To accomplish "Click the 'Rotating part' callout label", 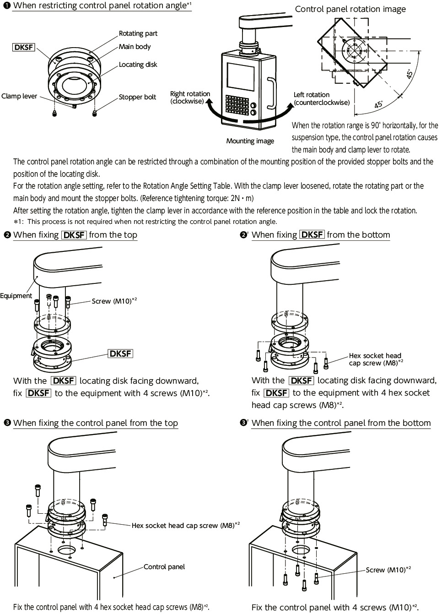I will coord(138,33).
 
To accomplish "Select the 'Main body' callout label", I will coord(135,47).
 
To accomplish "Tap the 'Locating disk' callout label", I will coord(138,65).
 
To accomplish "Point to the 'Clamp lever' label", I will coord(19,96).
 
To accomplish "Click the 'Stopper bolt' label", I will coord(137,97).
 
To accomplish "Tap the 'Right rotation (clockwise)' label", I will coord(190,98).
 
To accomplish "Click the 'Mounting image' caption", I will coord(250,141).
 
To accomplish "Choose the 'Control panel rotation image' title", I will coord(350,9).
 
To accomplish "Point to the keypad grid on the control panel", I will coord(238,106).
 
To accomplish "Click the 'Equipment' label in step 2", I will coord(16,296).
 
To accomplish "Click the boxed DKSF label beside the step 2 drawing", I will coord(121,353).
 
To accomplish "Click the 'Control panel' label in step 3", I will coord(164,567).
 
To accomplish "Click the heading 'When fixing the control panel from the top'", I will coord(96,423).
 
